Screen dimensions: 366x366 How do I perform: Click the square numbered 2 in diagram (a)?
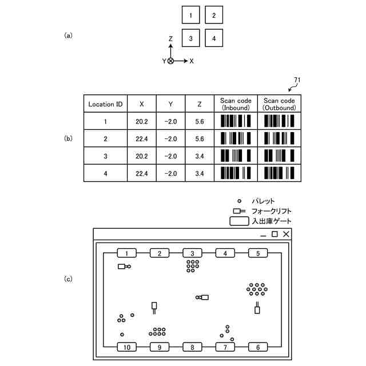[x=213, y=15]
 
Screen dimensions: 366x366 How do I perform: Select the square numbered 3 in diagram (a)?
[x=191, y=38]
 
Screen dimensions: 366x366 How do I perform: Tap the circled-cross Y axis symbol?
[x=170, y=61]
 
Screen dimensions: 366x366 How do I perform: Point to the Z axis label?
[x=170, y=39]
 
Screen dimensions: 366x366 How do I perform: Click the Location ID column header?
[x=105, y=104]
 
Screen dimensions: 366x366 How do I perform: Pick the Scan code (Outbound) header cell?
[x=279, y=104]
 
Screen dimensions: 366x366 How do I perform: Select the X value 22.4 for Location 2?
[x=142, y=138]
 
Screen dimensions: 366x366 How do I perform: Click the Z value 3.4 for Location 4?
[x=199, y=173]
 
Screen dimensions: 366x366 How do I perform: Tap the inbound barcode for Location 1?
[x=236, y=121]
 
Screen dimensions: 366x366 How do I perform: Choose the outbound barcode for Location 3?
[x=279, y=156]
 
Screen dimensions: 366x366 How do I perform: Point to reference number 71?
[x=297, y=79]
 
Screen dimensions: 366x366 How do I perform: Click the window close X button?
[x=286, y=234]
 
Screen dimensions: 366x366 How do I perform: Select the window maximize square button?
[x=274, y=234]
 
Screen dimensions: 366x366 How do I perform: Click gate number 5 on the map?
[x=258, y=253]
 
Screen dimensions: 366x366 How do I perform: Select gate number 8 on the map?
[x=193, y=347]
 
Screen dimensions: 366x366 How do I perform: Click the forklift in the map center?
[x=203, y=297]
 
